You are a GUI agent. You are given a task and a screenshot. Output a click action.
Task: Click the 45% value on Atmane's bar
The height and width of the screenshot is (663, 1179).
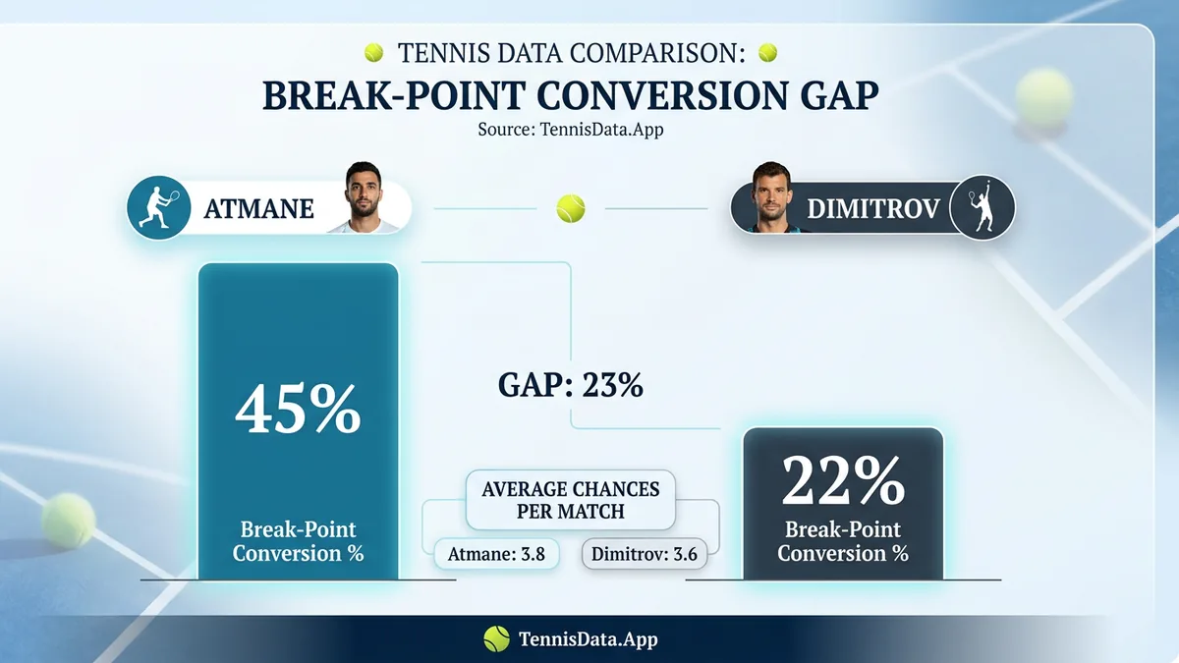[298, 411]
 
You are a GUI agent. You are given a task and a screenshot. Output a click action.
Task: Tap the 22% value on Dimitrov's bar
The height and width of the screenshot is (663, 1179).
[843, 479]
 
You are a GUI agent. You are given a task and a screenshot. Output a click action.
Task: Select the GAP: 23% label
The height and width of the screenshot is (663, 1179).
[572, 386]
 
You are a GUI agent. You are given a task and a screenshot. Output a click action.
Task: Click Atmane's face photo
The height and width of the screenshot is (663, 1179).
[371, 198]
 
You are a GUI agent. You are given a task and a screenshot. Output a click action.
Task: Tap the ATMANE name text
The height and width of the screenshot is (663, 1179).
[258, 209]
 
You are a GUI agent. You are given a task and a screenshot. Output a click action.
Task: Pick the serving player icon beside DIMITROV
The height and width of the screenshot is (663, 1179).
[985, 206]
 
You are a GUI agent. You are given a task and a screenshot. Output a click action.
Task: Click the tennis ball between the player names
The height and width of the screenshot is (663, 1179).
[571, 208]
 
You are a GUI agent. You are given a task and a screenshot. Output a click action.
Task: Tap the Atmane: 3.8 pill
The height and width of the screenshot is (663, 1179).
[496, 554]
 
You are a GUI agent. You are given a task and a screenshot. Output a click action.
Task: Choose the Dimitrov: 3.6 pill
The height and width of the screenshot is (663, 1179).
[645, 554]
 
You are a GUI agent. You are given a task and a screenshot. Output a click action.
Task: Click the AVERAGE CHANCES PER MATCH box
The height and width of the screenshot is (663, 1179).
[571, 500]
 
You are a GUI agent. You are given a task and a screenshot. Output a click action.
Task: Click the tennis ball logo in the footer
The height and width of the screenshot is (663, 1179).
[496, 639]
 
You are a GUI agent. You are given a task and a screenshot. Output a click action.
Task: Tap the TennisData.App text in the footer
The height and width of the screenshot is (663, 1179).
[588, 639]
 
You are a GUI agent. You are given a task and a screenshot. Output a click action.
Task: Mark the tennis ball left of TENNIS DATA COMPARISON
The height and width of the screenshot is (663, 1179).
[373, 52]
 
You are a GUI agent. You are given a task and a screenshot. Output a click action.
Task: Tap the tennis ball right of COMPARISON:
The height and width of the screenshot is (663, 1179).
[768, 52]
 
